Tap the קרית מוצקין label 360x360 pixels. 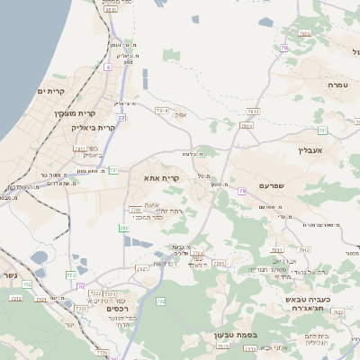pyautogui.click(x=72, y=113)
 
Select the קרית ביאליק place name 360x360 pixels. pyautogui.click(x=93, y=128)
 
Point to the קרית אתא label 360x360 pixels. pyautogui.click(x=162, y=178)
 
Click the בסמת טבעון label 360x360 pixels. pyautogui.click(x=236, y=336)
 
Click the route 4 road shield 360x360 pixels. pyautogui.click(x=108, y=67)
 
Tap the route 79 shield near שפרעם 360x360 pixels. pyautogui.click(x=242, y=191)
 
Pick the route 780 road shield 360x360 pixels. pyautogui.click(x=123, y=229)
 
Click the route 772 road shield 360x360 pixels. pyautogui.click(x=71, y=274)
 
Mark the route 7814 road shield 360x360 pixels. pyautogui.click(x=246, y=126)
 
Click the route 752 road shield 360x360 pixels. pyautogui.click(x=26, y=284)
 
